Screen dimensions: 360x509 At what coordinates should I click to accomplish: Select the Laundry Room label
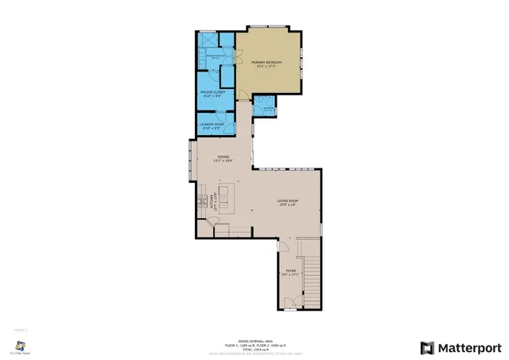pyautogui.click(x=212, y=126)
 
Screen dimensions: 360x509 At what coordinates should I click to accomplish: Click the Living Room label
pyautogui.click(x=286, y=202)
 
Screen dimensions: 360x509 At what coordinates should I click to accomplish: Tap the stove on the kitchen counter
pyautogui.click(x=202, y=199)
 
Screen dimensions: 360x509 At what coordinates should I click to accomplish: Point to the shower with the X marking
pyautogui.click(x=206, y=41)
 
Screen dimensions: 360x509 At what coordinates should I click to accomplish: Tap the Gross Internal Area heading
pyautogui.click(x=254, y=338)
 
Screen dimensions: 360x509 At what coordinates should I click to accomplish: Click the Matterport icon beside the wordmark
pyautogui.click(x=427, y=347)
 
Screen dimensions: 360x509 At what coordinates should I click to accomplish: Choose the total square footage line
pyautogui.click(x=254, y=347)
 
